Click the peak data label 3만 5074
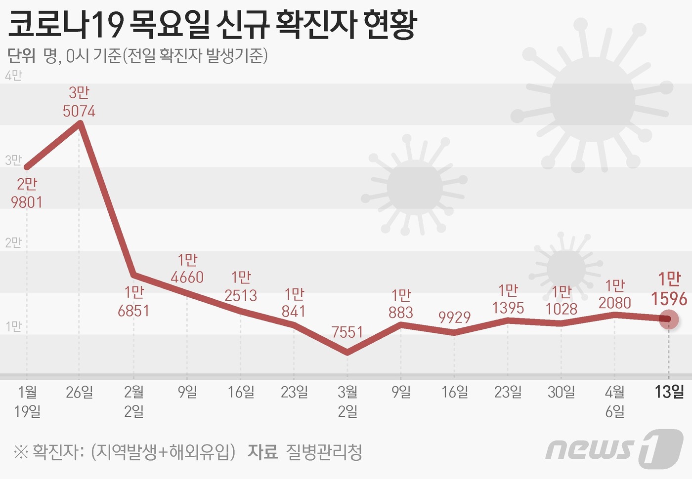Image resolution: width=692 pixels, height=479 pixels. click(79, 102)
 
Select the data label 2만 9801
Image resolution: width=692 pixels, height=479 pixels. click(27, 193)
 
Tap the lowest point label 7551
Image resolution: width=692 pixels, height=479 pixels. click(347, 332)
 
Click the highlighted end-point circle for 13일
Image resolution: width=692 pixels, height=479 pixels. click(669, 319)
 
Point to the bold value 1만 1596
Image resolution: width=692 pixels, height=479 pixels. click(669, 289)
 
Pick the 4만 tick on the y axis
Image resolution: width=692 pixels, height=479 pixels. click(13, 76)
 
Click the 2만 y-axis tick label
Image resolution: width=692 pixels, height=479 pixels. click(13, 242)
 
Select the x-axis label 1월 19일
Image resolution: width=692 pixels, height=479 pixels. click(27, 401)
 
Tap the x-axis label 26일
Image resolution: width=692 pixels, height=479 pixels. click(80, 393)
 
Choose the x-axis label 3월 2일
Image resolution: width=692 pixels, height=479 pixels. click(347, 401)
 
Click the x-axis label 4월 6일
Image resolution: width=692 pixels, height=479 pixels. click(615, 401)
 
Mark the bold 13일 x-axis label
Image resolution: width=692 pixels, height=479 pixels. click(669, 392)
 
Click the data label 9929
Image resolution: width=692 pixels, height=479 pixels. click(454, 317)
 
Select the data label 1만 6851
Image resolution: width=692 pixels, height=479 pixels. click(133, 301)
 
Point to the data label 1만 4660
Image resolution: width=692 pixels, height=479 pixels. click(187, 269)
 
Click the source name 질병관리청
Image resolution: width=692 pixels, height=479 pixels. click(324, 452)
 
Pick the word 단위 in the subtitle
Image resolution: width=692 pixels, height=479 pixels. click(22, 56)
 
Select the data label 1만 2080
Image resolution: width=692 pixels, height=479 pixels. click(615, 294)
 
